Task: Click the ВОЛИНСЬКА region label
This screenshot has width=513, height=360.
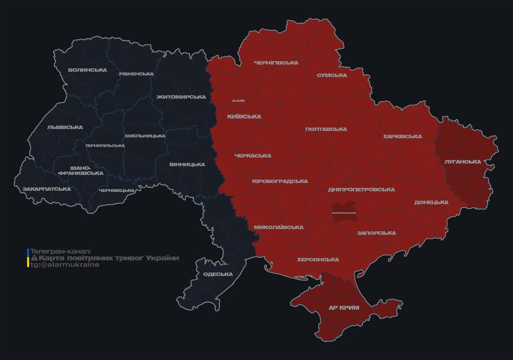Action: pyautogui.click(x=87, y=70)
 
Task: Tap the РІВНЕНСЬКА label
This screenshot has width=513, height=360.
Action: pyautogui.click(x=136, y=74)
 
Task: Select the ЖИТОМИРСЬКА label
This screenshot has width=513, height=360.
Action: pyautogui.click(x=181, y=97)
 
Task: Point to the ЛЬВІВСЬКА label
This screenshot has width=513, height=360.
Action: pyautogui.click(x=65, y=127)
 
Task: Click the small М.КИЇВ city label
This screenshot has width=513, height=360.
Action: pyautogui.click(x=238, y=101)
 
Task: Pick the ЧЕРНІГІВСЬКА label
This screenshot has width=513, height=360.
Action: pyautogui.click(x=276, y=63)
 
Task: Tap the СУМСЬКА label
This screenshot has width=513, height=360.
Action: pyautogui.click(x=332, y=75)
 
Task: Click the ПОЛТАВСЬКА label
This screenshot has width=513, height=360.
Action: pyautogui.click(x=326, y=129)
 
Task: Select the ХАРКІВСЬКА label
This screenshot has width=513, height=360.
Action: pyautogui.click(x=402, y=137)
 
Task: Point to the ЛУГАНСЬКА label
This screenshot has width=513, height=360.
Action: pyautogui.click(x=463, y=162)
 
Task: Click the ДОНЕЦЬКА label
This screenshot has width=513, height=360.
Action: pyautogui.click(x=431, y=202)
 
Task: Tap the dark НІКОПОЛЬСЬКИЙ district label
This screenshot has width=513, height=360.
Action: pyautogui.click(x=344, y=213)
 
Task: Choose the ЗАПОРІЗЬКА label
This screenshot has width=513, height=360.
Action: pyautogui.click(x=376, y=233)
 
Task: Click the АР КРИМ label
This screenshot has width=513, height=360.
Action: pyautogui.click(x=343, y=308)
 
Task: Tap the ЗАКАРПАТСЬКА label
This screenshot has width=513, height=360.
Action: pyautogui.click(x=46, y=189)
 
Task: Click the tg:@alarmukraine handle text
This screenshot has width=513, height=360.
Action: pyautogui.click(x=65, y=265)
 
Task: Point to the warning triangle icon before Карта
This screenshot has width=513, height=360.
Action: pyautogui.click(x=34, y=258)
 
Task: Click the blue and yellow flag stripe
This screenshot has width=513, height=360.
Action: pyautogui.click(x=28, y=258)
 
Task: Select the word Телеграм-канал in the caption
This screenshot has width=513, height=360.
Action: pyautogui.click(x=60, y=252)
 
